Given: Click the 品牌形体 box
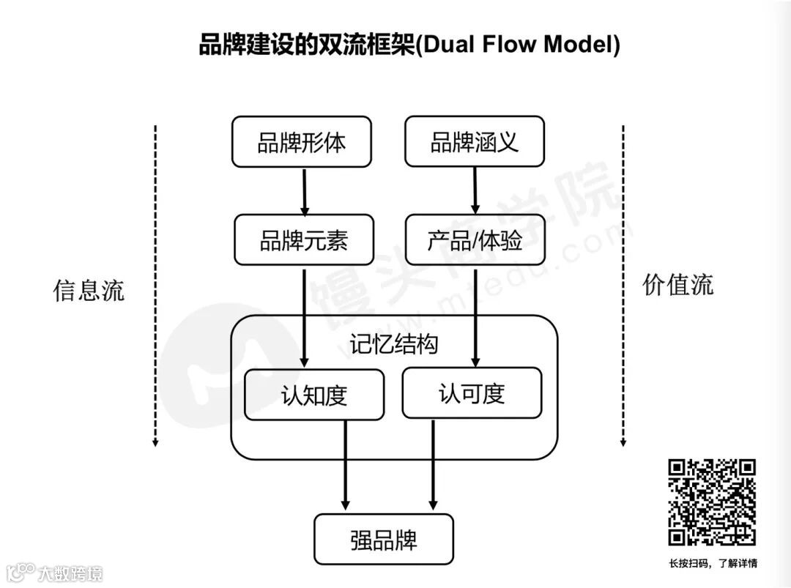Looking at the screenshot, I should pyautogui.click(x=301, y=142).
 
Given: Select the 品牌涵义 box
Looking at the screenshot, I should pyautogui.click(x=475, y=141).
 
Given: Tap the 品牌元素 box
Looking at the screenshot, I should pyautogui.click(x=304, y=240).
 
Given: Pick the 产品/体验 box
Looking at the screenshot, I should pyautogui.click(x=475, y=240).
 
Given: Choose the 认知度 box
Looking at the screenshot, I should pyautogui.click(x=313, y=395).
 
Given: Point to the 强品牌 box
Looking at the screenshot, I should pyautogui.click(x=384, y=540).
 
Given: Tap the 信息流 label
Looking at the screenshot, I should pyautogui.click(x=89, y=290).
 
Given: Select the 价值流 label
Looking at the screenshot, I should pyautogui.click(x=678, y=284).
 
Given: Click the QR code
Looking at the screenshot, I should pyautogui.click(x=712, y=502).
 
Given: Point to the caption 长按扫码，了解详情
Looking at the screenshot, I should pyautogui.click(x=713, y=563).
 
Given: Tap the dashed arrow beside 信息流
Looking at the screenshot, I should pyautogui.click(x=155, y=286).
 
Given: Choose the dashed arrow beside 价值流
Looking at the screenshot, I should pyautogui.click(x=623, y=286).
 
